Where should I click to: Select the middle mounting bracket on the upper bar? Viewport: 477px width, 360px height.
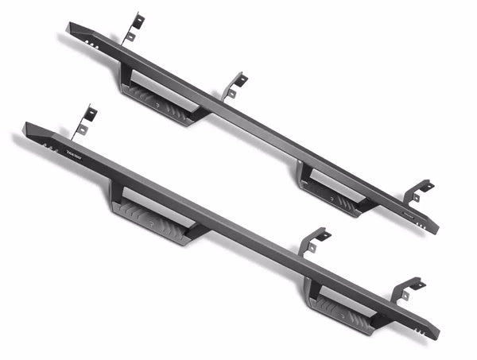coord(235,85)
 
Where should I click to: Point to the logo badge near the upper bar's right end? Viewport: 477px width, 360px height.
coord(406,213)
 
